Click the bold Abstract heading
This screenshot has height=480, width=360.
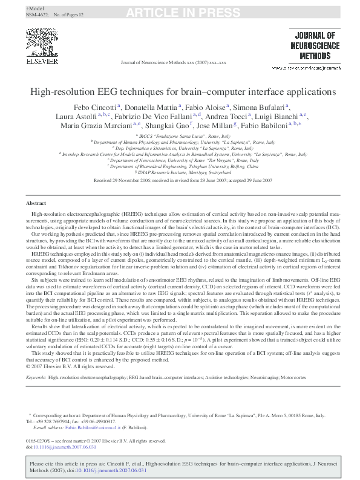pyautogui.click(x=37, y=187)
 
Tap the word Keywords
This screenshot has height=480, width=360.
pyautogui.click(x=36, y=377)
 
